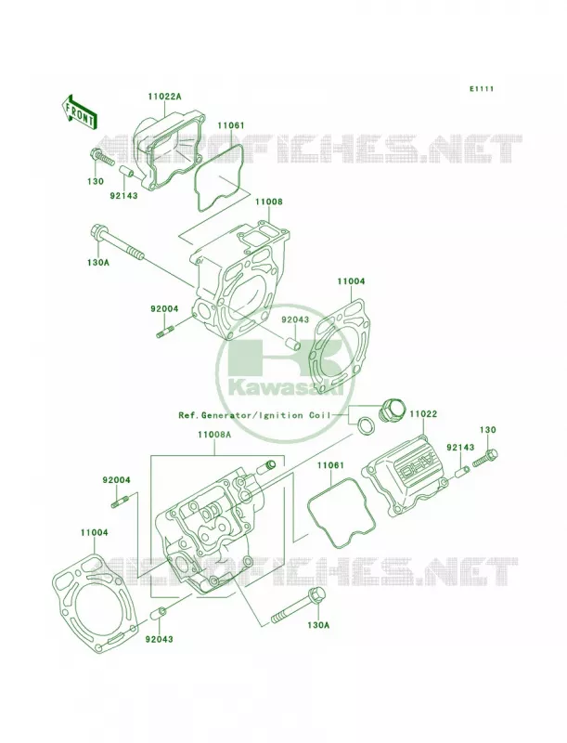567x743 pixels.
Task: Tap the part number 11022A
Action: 164,97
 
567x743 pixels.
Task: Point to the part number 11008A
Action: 214,434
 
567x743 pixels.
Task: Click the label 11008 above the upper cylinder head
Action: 269,202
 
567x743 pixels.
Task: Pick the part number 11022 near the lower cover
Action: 423,414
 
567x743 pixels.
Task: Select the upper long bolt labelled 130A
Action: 115,243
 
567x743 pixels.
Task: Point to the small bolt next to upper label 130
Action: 102,157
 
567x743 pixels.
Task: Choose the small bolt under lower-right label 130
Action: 485,457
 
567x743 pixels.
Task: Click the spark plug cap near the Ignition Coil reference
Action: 391,409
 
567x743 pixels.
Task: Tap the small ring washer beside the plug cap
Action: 365,424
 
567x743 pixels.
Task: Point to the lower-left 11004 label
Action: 94,532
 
